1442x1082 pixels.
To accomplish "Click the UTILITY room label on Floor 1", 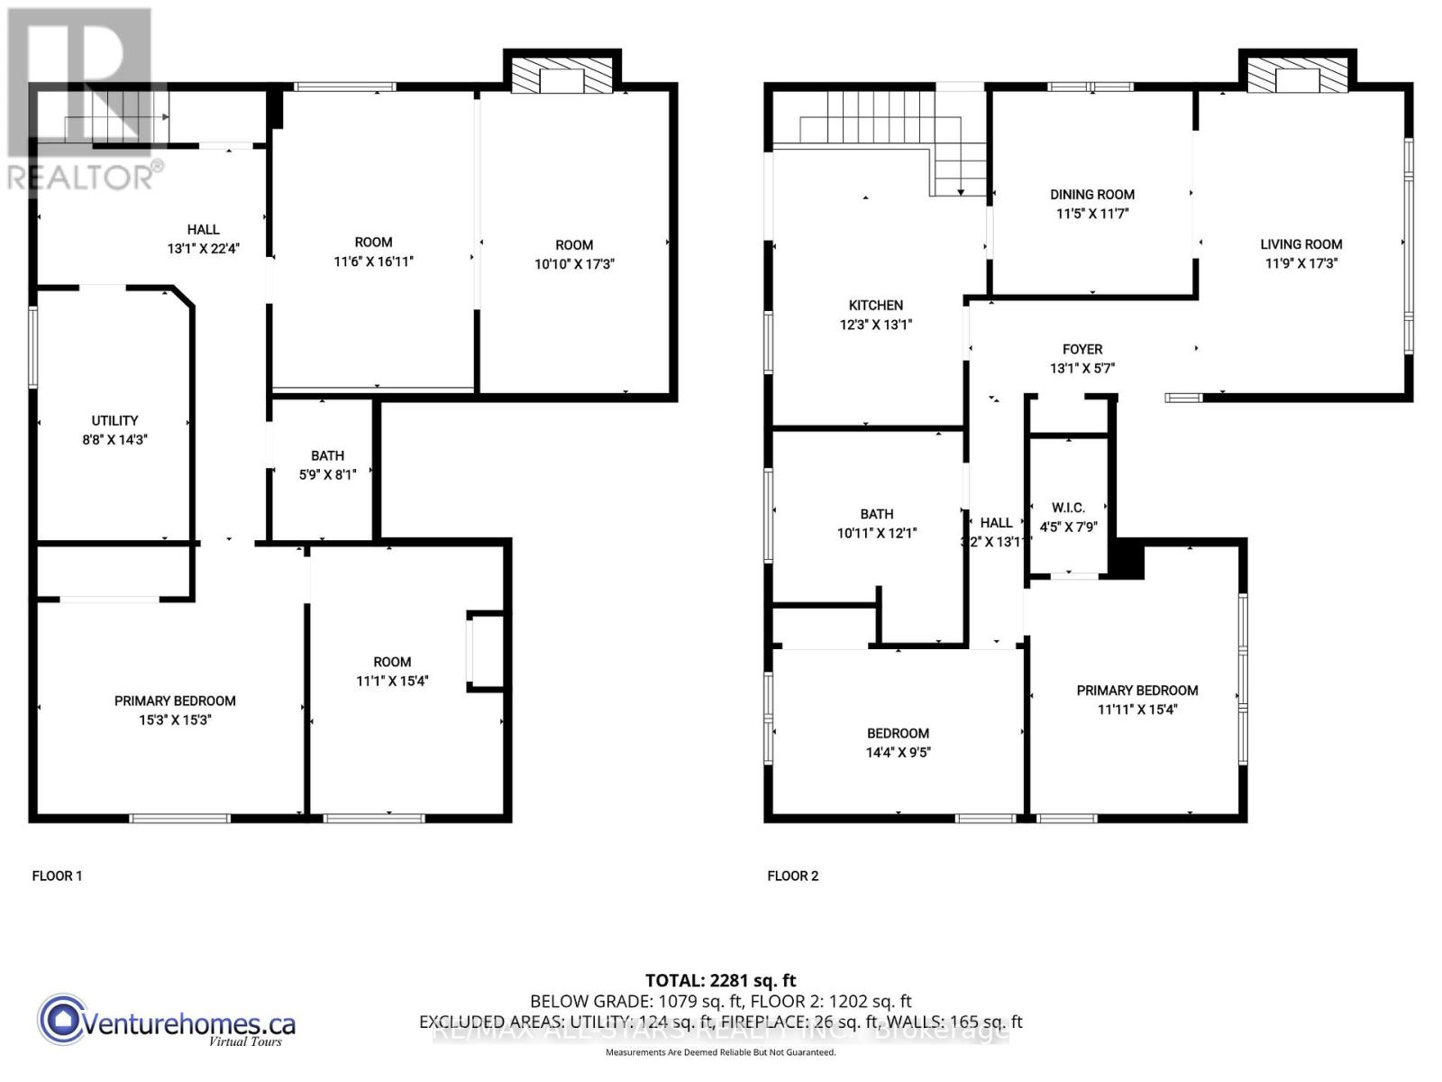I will tap(114, 421).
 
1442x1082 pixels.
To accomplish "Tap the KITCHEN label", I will tap(875, 306).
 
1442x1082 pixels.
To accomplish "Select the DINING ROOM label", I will tap(1091, 195).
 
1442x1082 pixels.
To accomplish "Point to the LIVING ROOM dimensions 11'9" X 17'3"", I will tap(1301, 263).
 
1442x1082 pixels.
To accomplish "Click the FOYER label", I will tap(1081, 349).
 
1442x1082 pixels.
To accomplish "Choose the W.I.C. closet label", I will tap(1068, 509).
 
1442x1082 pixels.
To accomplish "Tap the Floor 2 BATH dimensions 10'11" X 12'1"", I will tap(876, 533).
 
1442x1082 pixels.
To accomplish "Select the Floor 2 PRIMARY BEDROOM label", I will tap(1136, 691).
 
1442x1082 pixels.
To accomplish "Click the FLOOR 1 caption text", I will tap(57, 876).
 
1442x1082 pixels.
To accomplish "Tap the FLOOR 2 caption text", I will tap(792, 876).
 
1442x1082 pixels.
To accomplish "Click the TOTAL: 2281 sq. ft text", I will tap(720, 980).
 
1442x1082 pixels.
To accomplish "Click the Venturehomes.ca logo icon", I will tap(62, 1020).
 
